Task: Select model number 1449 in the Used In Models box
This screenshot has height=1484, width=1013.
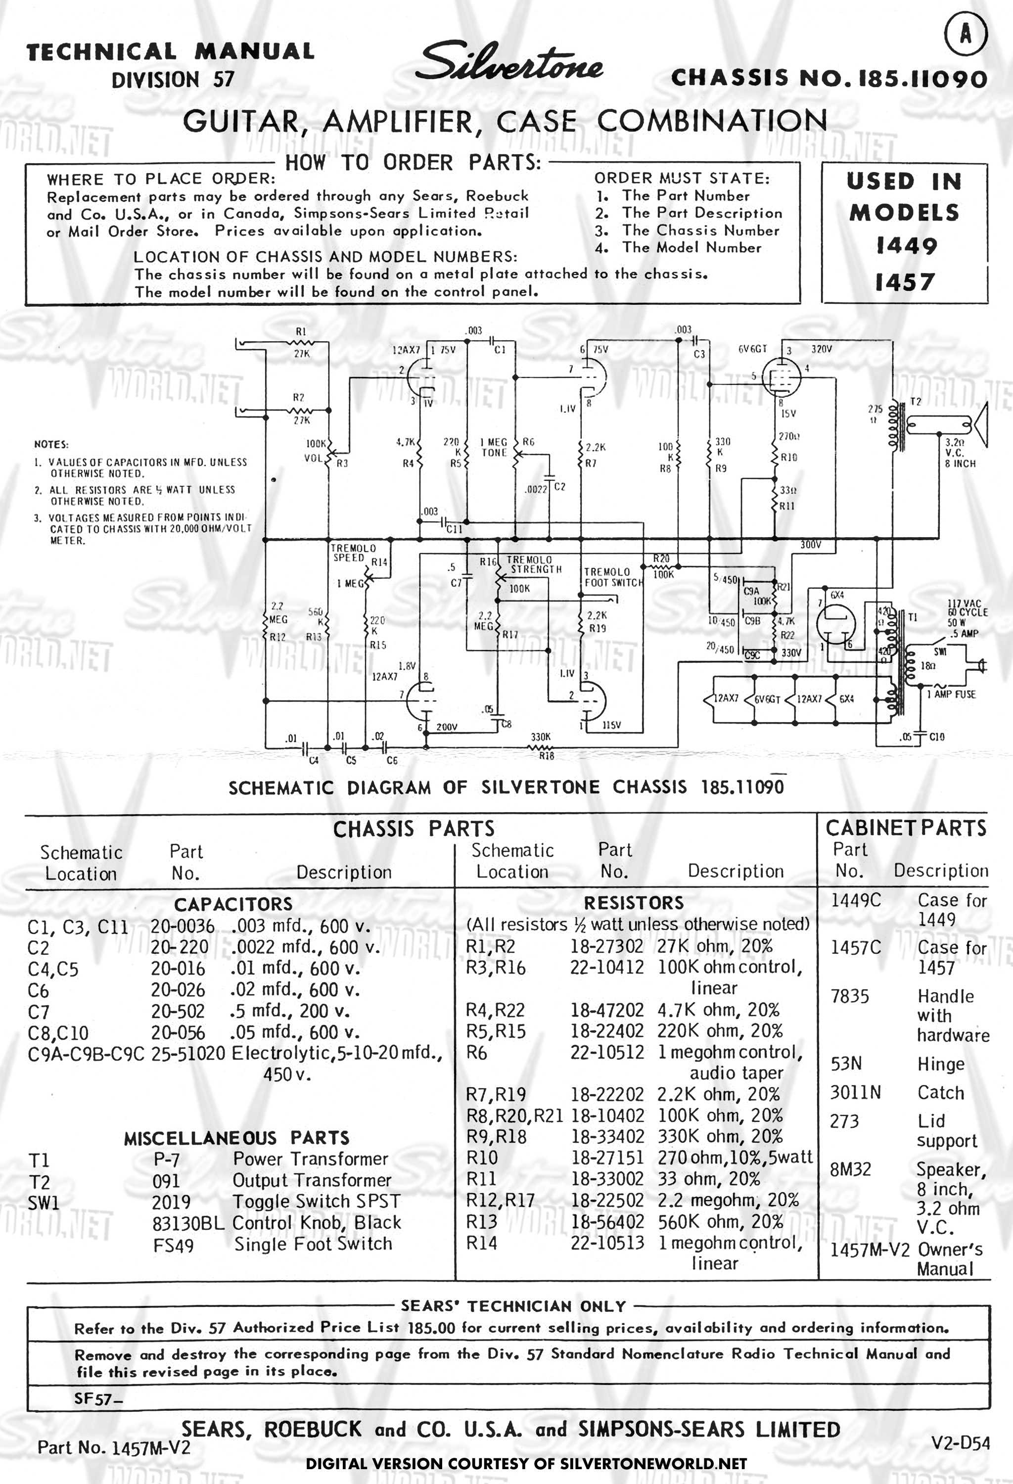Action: [x=906, y=246]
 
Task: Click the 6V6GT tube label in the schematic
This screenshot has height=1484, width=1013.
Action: [x=752, y=349]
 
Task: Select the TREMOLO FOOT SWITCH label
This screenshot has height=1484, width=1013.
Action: [x=613, y=577]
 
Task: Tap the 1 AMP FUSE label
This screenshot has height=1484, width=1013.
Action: [x=951, y=694]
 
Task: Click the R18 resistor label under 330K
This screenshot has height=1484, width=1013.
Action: [x=547, y=756]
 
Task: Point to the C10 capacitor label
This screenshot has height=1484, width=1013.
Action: [x=936, y=737]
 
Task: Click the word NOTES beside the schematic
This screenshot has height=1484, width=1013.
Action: [x=51, y=444]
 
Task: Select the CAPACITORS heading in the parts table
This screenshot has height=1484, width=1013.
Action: [x=233, y=904]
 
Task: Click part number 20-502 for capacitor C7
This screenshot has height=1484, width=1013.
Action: [x=178, y=1012]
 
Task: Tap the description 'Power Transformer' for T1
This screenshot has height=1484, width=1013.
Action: [x=311, y=1159]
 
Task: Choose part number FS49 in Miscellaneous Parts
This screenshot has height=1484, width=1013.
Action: [x=173, y=1245]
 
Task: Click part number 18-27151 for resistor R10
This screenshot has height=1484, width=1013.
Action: [x=607, y=1158]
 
